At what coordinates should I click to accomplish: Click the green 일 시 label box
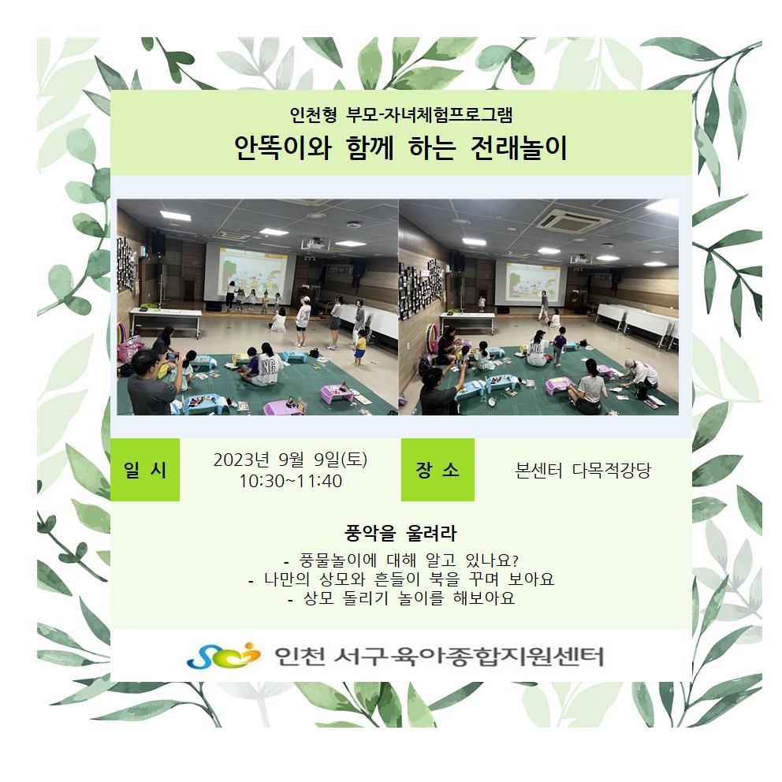coord(144,469)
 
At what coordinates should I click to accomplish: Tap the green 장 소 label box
coord(438,469)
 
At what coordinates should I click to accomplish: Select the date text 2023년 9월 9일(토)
coord(290,460)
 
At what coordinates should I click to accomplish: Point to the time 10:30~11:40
coord(290,482)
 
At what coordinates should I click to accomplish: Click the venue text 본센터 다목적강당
coord(583,470)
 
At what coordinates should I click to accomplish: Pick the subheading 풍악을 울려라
coord(400,533)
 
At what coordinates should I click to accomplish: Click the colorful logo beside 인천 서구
coord(224,655)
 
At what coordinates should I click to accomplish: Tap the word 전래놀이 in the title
coord(519,148)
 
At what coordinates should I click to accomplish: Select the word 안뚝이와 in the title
coord(283,148)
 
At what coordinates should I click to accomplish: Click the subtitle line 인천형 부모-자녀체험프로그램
coord(401,115)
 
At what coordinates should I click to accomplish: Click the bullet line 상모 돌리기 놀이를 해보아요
coord(401,598)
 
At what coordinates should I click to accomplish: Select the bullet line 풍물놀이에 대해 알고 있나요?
coord(401,560)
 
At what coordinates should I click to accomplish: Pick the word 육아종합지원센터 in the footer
coord(497,656)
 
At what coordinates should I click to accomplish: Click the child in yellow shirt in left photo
coord(360,347)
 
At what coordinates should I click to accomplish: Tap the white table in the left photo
coord(166,319)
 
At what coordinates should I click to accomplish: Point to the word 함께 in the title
coord(370,148)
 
